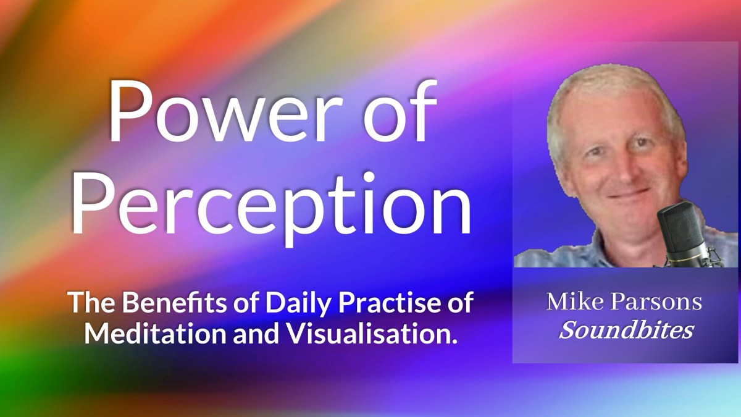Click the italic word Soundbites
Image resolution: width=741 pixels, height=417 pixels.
click(626, 331)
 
